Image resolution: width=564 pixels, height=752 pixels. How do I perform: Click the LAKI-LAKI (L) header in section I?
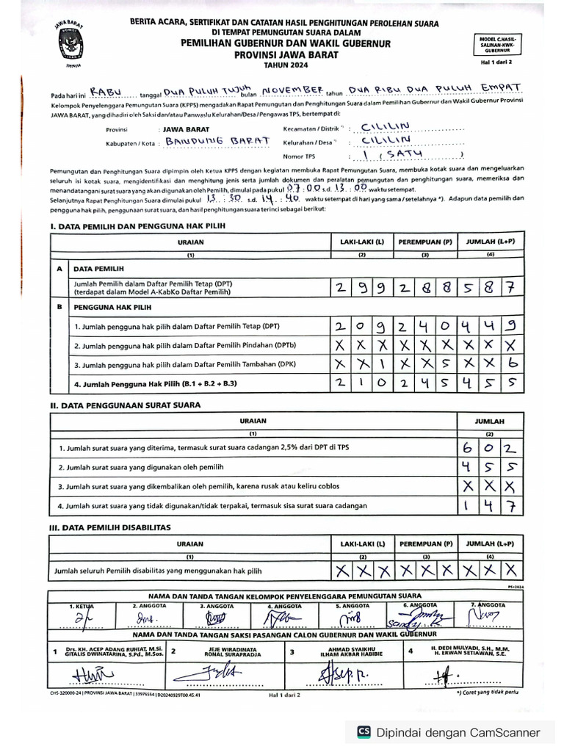361,241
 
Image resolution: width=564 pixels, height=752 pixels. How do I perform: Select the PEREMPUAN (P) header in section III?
425,544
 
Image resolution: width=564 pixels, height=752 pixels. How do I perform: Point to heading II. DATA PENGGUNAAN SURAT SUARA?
126,405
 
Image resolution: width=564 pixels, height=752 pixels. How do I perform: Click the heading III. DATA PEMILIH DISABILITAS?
110,527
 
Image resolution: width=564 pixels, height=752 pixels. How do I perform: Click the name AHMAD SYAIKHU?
343,648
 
